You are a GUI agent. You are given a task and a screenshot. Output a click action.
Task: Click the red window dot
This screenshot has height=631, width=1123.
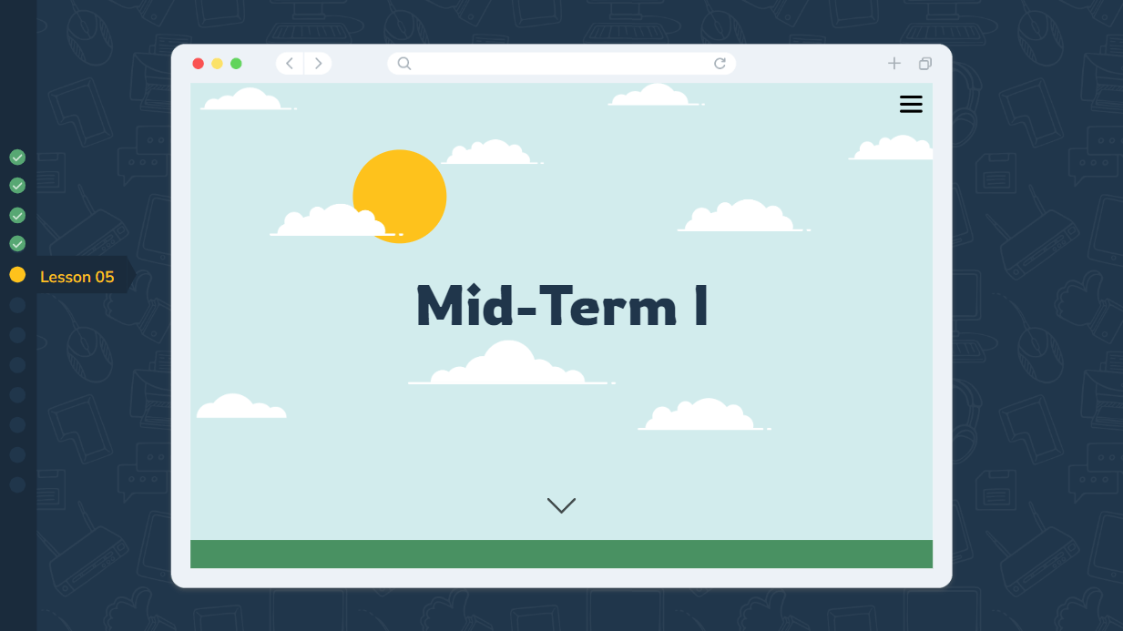coord(198,64)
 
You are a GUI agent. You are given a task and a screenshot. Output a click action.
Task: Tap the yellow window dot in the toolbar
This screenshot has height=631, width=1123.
coord(217,64)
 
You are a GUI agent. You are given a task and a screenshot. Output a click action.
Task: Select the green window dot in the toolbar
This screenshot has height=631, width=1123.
coord(236,64)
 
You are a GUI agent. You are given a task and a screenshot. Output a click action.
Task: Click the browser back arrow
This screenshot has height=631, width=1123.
coord(290,64)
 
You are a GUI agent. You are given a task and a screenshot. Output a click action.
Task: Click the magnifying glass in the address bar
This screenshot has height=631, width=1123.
coord(404,64)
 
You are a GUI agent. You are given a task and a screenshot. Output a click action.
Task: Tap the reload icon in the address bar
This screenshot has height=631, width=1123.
coord(720,64)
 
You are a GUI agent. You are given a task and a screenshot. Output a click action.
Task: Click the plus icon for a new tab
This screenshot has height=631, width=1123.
coord(894,64)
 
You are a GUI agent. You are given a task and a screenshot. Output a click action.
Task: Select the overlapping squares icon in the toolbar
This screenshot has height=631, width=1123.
coord(925,64)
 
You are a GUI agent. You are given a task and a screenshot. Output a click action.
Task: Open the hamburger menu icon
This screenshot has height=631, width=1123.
coord(911,105)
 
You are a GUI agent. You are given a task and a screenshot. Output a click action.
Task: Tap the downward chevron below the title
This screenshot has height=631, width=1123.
coord(561,505)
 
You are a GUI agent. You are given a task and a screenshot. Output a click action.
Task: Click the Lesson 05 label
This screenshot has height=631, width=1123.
coord(77,277)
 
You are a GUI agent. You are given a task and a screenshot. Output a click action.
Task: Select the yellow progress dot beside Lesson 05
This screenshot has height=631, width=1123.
coord(17,275)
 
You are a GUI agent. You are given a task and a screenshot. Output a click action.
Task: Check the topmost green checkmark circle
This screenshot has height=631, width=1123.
coord(17,158)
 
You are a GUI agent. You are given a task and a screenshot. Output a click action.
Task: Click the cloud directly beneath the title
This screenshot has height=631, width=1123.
coord(510,366)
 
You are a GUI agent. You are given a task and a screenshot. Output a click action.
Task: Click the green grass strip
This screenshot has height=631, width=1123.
coord(561,554)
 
